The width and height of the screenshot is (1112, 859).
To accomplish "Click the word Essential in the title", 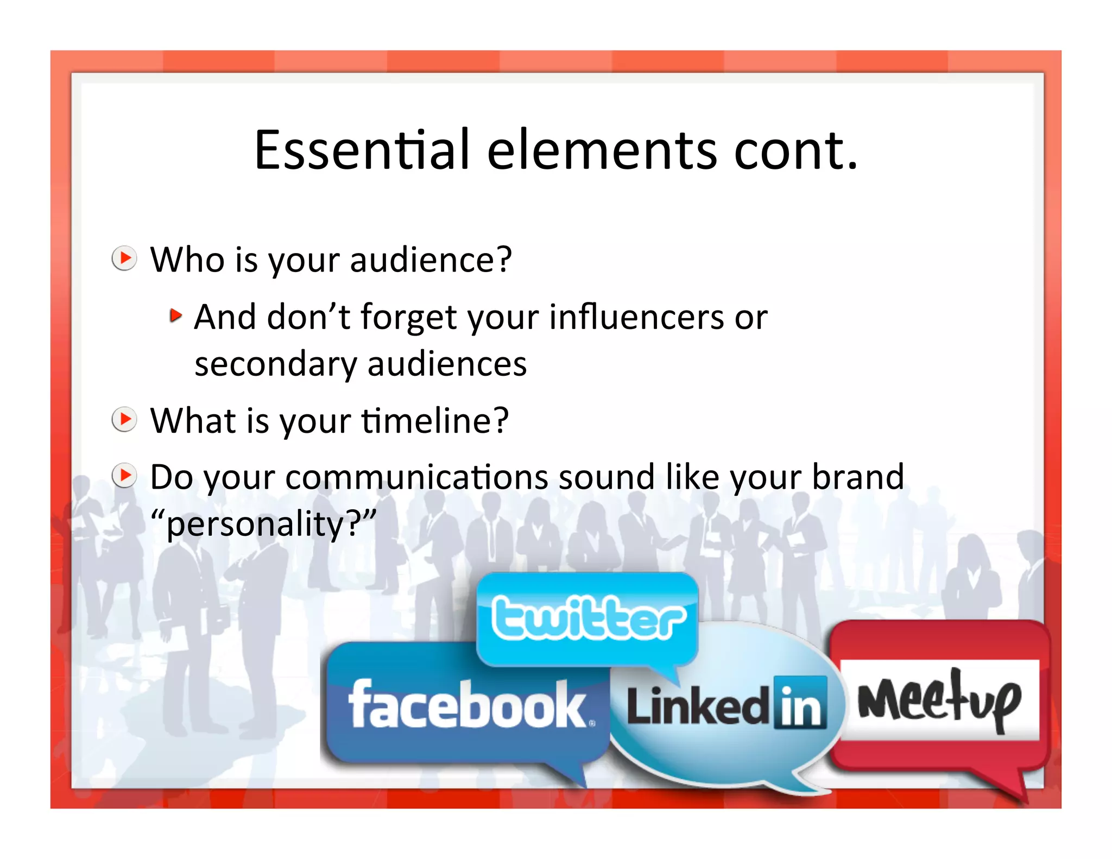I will (361, 150).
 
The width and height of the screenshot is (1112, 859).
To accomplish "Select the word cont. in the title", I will (795, 150).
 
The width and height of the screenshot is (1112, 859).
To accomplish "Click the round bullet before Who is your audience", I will (124, 258).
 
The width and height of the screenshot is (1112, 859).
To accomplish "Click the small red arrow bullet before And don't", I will (175, 315).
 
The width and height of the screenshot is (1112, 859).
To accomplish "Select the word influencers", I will (635, 317).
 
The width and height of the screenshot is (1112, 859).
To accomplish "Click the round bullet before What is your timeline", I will (124, 419).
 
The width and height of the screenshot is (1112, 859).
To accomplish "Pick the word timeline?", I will (435, 421).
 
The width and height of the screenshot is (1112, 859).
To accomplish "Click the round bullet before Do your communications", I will (124, 476).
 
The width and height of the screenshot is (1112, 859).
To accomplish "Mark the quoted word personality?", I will (263, 524).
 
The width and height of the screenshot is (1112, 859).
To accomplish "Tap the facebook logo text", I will (467, 705).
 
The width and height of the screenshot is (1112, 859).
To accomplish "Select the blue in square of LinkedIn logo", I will (800, 703).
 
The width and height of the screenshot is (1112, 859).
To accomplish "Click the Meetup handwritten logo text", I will (939, 700).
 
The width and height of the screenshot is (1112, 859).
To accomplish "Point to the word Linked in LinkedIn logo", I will (698, 705).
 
